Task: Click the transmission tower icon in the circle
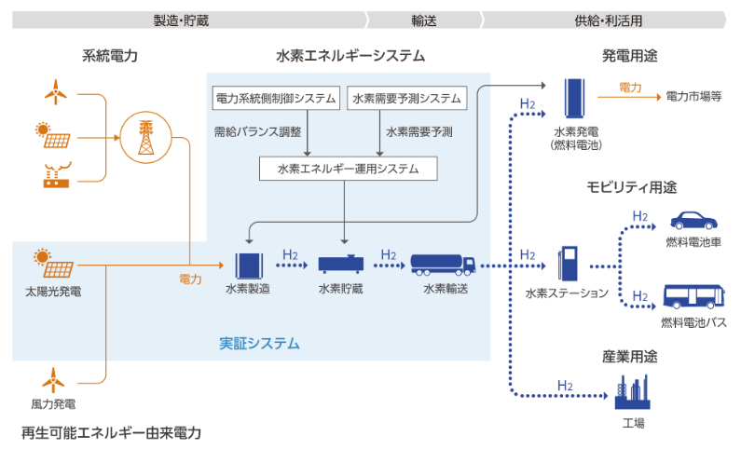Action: (144, 138)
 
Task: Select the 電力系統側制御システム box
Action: (276, 98)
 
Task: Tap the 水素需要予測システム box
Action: (406, 98)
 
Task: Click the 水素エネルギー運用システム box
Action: (348, 169)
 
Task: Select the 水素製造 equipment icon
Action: (248, 265)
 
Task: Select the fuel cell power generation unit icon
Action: (576, 100)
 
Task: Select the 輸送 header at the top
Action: (423, 19)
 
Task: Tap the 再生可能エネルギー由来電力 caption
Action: (111, 433)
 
